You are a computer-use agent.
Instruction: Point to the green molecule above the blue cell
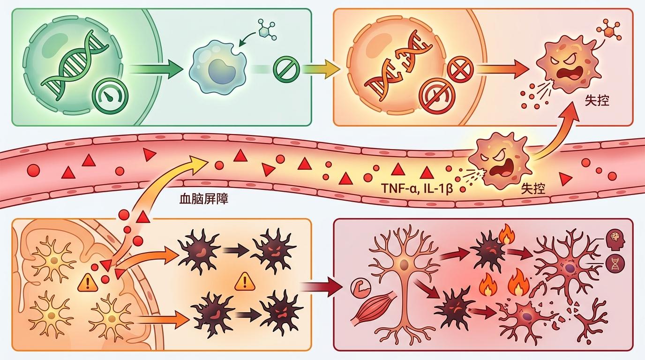point(266,30)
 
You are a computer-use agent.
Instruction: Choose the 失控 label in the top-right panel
point(597,100)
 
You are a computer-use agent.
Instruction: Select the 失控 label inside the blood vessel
point(533,189)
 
